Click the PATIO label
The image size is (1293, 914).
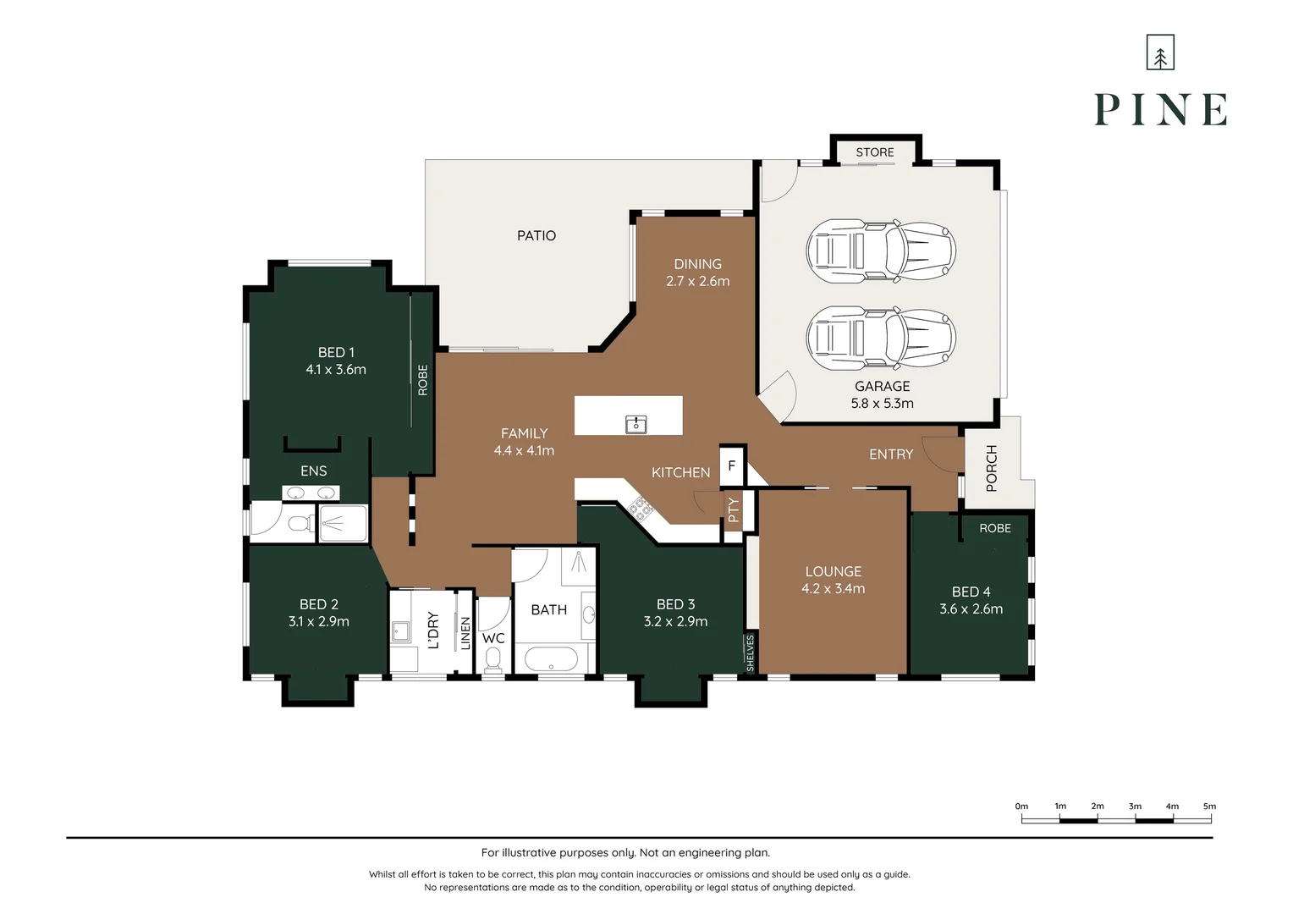pyautogui.click(x=536, y=235)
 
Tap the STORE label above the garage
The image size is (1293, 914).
pyautogui.click(x=874, y=152)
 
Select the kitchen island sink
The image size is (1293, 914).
pyautogui.click(x=635, y=424)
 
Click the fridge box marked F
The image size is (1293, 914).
pyautogui.click(x=731, y=465)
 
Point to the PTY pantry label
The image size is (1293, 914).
pyautogui.click(x=733, y=509)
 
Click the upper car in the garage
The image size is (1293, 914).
pyautogui.click(x=881, y=251)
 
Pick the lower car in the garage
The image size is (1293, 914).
pyautogui.click(x=881, y=338)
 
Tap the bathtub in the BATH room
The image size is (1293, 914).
pyautogui.click(x=551, y=658)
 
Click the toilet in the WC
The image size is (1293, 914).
pyautogui.click(x=492, y=660)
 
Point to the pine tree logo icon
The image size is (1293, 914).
pyautogui.click(x=1160, y=52)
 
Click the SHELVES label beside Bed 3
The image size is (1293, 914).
pyautogui.click(x=750, y=653)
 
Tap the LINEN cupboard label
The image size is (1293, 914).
pyautogui.click(x=465, y=633)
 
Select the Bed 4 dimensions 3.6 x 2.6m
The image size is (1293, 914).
pyautogui.click(x=971, y=608)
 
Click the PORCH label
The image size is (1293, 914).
pyautogui.click(x=992, y=468)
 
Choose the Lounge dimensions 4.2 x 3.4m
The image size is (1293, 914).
pyautogui.click(x=833, y=588)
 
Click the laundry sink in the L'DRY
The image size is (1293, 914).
pyautogui.click(x=400, y=631)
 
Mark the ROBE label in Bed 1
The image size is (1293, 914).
pyautogui.click(x=422, y=380)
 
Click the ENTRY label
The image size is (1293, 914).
pyautogui.click(x=891, y=454)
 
